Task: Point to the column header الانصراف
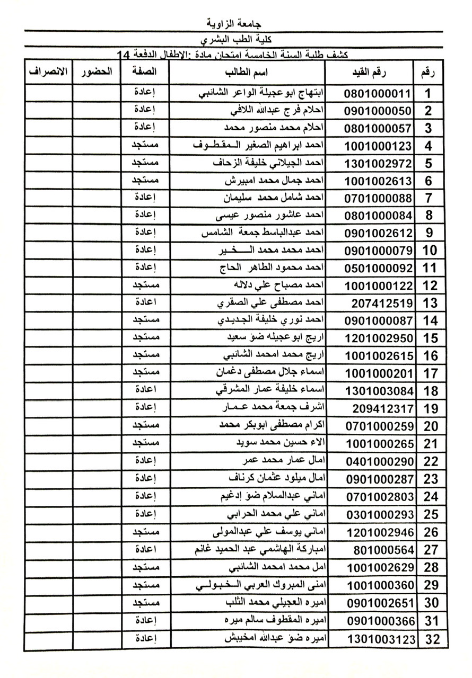tap(48, 72)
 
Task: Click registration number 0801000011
tap(378, 94)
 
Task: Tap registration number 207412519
tap(381, 304)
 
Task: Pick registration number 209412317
tap(381, 408)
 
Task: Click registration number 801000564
tap(381, 549)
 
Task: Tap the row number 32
tap(432, 639)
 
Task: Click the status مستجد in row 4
tap(146, 145)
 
